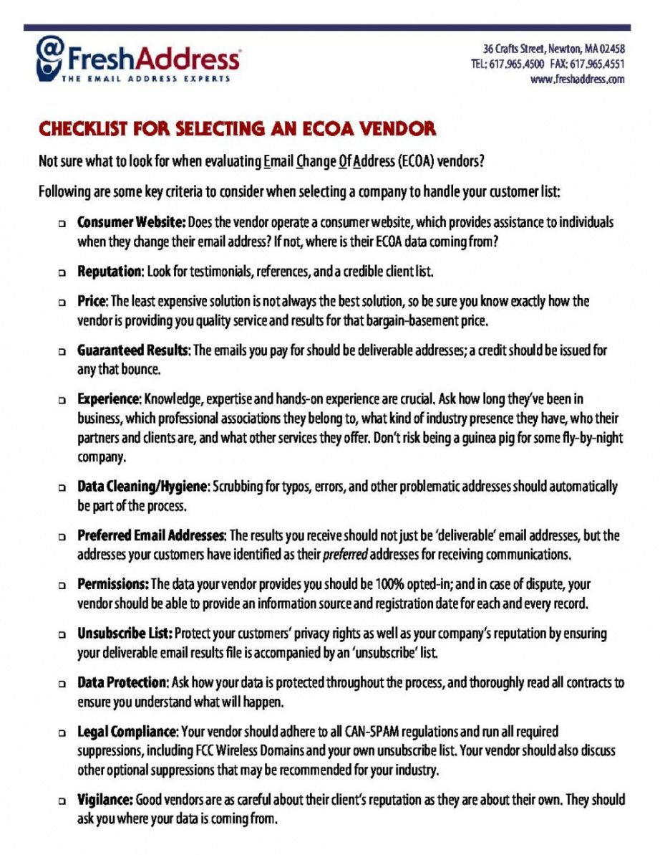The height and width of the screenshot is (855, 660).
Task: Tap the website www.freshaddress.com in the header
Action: coord(578,80)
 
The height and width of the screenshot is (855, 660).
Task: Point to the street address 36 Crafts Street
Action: coord(513,49)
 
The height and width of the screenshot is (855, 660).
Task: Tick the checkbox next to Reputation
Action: coord(63,273)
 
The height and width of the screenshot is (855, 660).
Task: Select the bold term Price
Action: coord(92,302)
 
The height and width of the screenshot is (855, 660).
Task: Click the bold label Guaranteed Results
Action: coord(132,350)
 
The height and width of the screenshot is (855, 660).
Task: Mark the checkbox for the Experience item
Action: coord(63,398)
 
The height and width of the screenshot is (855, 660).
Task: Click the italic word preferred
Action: coord(345,555)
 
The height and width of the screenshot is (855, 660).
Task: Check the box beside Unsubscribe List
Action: coord(63,634)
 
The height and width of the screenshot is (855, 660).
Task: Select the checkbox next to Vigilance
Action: coord(63,799)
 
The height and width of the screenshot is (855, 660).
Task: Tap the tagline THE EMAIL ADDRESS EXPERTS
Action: coord(145,79)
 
